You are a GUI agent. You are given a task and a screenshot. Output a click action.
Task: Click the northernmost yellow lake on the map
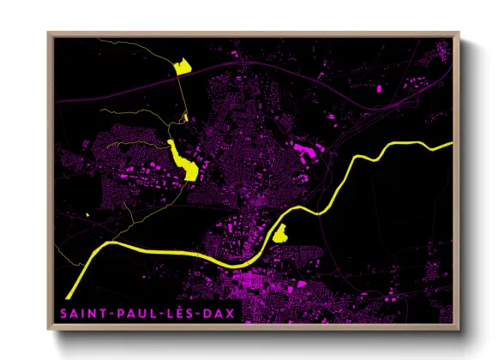182,67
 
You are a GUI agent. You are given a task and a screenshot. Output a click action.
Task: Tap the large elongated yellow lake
183,160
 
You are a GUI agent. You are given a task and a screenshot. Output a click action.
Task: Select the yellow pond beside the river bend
280,231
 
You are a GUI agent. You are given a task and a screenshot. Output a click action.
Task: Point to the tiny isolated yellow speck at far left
87,214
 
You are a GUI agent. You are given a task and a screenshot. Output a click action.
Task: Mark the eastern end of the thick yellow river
449,144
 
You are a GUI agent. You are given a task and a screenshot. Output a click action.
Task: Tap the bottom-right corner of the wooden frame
459,331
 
